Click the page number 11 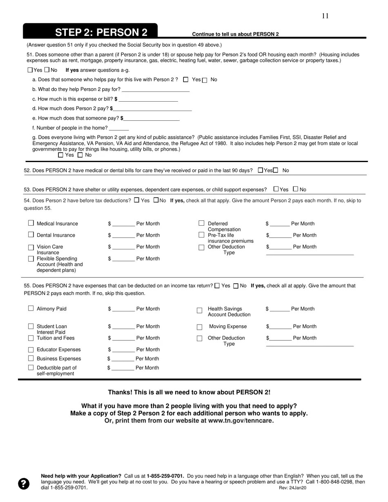325,16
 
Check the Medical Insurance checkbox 31,223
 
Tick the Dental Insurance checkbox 31,235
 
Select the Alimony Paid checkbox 31,309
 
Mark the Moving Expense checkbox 200,327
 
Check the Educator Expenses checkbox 31,350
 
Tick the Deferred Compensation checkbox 201,223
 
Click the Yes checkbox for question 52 261,170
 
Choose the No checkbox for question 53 296,189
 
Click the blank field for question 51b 156,89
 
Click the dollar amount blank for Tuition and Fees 123,338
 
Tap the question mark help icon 24,484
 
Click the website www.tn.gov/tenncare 241,421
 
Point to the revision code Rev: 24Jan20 292,488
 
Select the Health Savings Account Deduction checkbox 200,311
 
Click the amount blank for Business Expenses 123,359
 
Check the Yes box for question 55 217,286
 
